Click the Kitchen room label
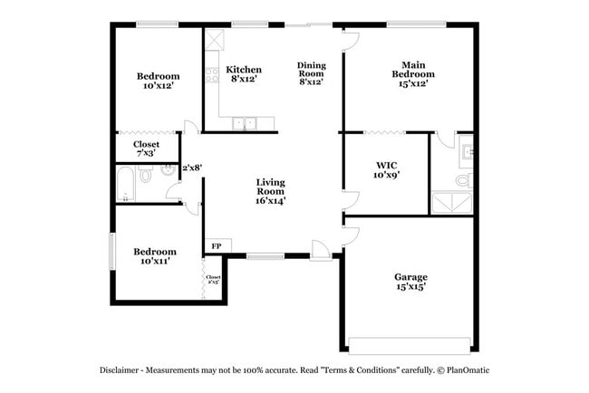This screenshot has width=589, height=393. [244, 70]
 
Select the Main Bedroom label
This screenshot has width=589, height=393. [409, 70]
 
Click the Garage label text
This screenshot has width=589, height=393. [410, 277]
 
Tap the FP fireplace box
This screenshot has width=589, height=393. [217, 245]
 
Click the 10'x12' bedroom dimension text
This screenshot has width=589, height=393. [158, 87]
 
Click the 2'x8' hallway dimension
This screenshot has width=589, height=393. [191, 168]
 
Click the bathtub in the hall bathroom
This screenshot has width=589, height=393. [126, 187]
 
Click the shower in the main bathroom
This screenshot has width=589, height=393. [450, 202]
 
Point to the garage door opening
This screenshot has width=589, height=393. [410, 344]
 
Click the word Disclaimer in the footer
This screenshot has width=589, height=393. [121, 370]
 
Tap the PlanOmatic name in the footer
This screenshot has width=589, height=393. [468, 370]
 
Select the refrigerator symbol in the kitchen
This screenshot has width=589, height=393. [215, 42]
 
